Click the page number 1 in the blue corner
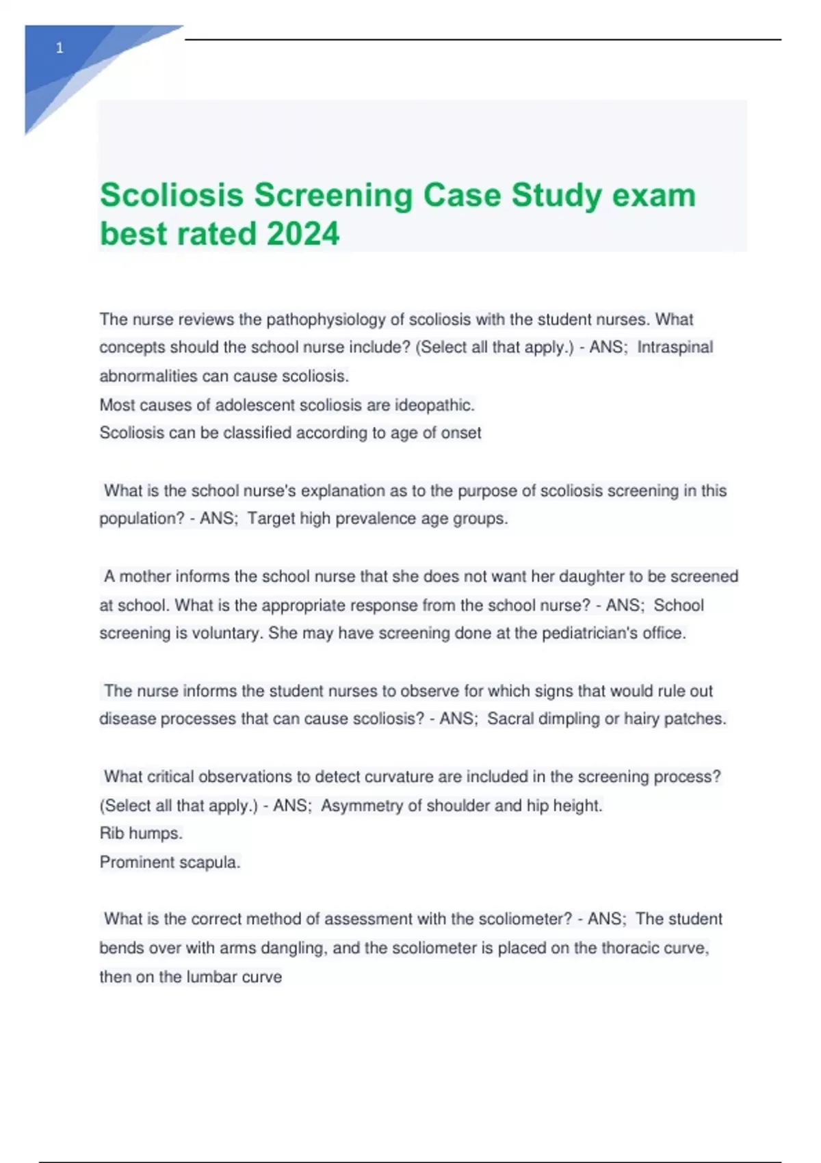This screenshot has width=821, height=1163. pos(60,48)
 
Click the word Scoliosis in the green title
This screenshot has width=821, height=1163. pos(172,195)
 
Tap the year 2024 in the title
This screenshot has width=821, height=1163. pos(303,233)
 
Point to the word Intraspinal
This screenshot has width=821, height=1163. pos(675,348)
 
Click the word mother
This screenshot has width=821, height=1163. pos(145,577)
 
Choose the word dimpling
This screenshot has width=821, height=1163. pos(560,719)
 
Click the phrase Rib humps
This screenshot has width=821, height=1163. pos(141,834)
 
